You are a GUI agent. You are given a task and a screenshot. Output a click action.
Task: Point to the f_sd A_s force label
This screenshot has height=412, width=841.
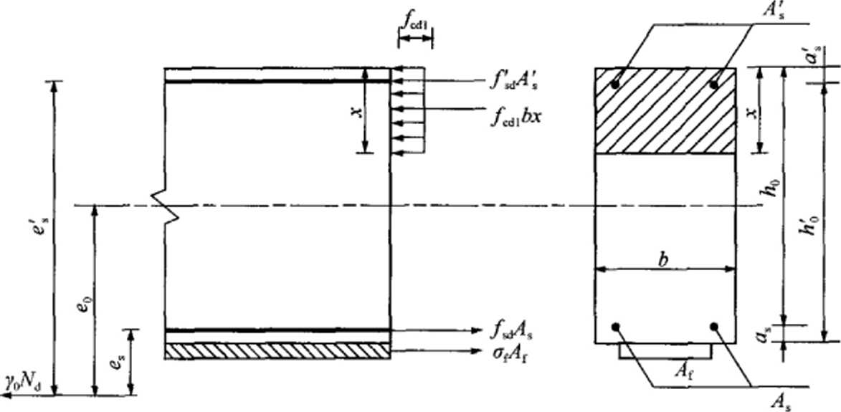coord(512,332)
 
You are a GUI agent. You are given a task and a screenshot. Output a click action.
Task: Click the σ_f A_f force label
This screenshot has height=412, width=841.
coord(510,352)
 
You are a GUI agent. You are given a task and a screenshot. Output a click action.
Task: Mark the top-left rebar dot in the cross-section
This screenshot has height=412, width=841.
coord(616,85)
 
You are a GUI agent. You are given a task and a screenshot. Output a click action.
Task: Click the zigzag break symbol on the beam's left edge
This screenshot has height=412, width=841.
coord(164,206)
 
